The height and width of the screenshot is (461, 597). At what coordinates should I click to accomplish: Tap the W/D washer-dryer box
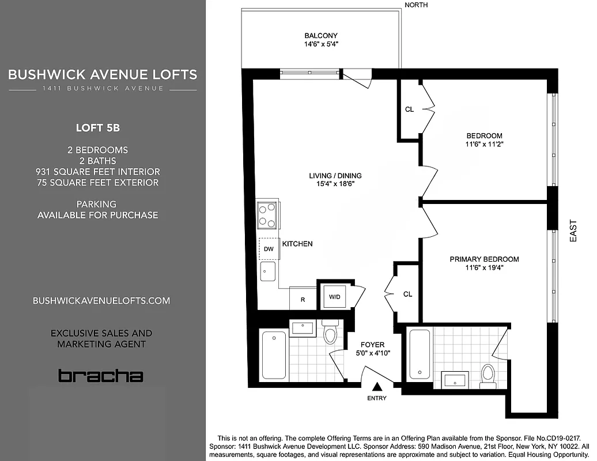[334, 297]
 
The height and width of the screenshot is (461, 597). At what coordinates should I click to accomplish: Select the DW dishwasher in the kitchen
[269, 249]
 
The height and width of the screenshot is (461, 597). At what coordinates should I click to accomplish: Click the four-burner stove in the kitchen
[267, 215]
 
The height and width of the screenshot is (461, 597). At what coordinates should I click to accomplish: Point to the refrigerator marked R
[303, 300]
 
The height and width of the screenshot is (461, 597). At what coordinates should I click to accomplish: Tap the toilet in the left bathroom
[331, 334]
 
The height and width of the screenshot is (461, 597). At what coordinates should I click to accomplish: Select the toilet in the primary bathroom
[488, 374]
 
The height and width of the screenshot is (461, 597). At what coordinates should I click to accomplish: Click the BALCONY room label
[320, 36]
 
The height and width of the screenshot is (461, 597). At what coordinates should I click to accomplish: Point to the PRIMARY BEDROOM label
[484, 259]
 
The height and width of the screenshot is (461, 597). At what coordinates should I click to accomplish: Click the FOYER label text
[372, 345]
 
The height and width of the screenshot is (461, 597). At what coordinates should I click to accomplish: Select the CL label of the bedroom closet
[409, 109]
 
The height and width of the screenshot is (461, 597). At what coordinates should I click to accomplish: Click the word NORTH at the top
[416, 5]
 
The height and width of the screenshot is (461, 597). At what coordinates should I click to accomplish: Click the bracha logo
[100, 376]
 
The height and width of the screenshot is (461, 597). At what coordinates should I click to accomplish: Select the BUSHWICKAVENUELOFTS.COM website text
[101, 301]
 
